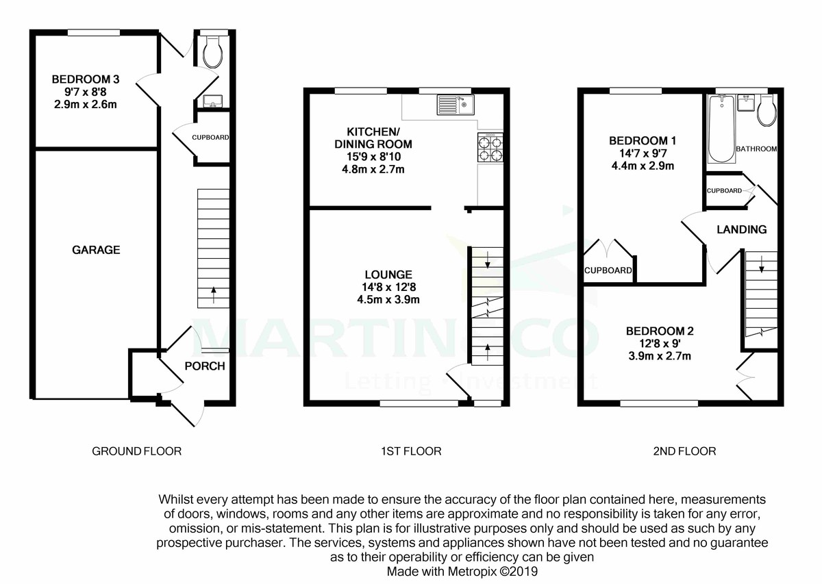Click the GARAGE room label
point(96,250)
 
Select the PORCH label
point(205,366)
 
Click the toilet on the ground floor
point(212,50)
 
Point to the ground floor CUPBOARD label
point(210,138)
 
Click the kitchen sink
point(456,105)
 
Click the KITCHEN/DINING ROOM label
point(373,138)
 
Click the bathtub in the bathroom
point(721,129)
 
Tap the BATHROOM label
point(756,149)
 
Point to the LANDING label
point(741,229)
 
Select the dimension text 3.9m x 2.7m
point(659,356)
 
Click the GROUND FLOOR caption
point(137,451)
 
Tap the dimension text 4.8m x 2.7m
point(373,168)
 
